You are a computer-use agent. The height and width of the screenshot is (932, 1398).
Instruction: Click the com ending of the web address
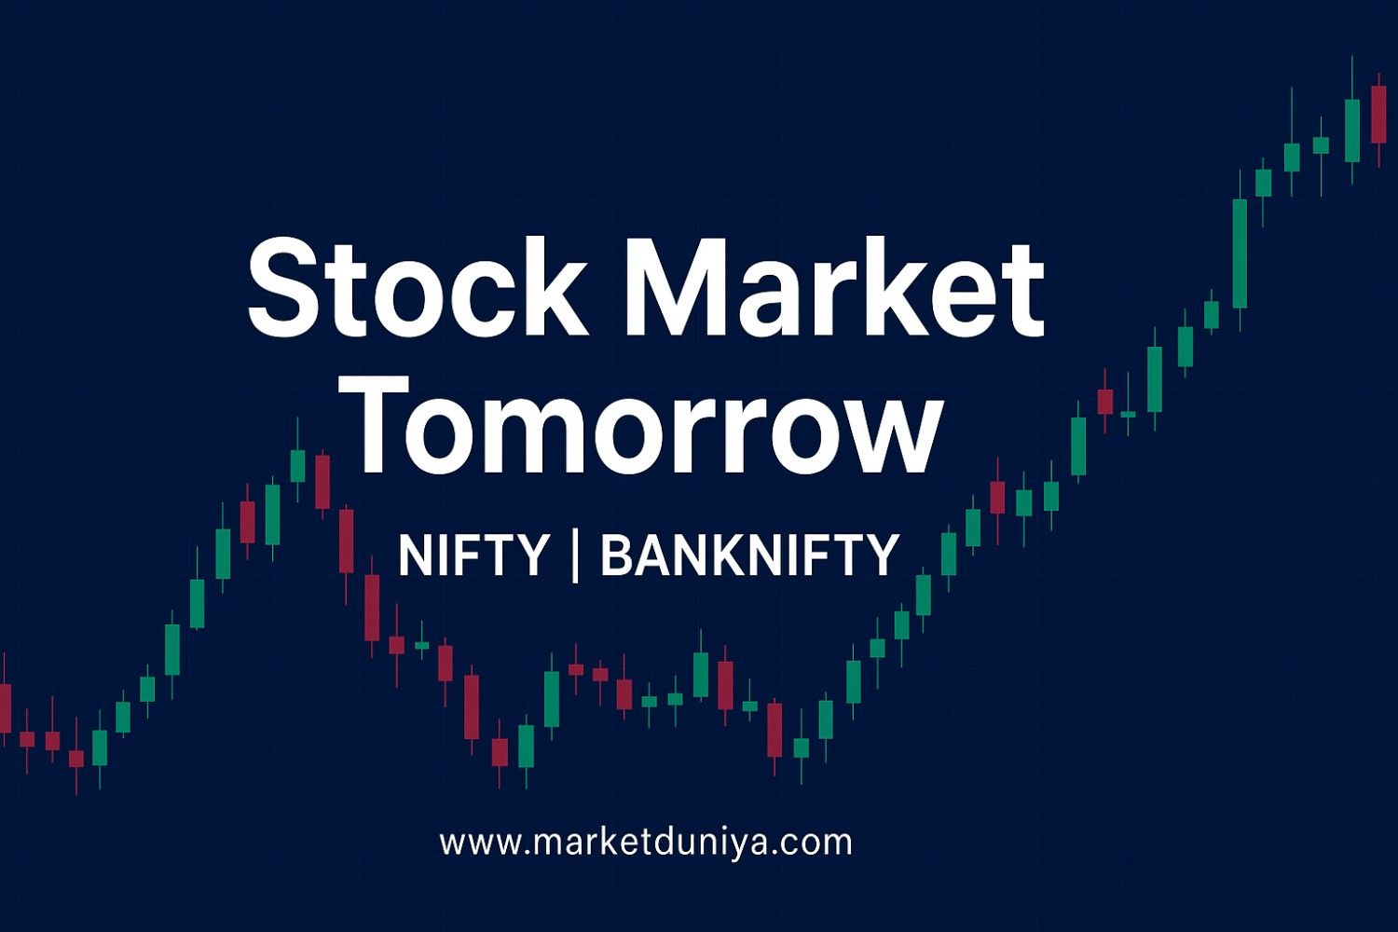coord(820,843)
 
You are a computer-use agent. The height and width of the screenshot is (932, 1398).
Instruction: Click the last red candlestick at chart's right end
coord(1378,114)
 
